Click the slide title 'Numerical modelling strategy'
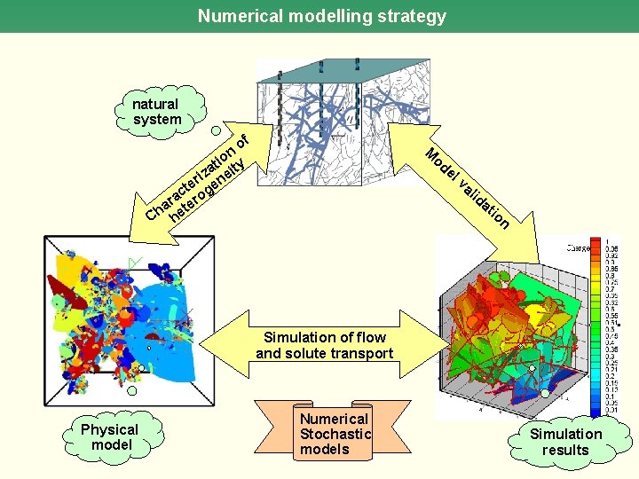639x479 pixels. click(x=321, y=16)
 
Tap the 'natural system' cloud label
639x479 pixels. click(x=157, y=112)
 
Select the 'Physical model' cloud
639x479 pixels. click(x=110, y=436)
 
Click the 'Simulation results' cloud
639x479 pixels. click(x=565, y=441)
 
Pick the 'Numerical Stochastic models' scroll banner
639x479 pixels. click(x=334, y=433)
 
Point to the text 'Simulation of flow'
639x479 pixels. click(x=324, y=337)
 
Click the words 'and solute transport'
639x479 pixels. click(x=324, y=353)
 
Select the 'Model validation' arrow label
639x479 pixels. click(x=465, y=187)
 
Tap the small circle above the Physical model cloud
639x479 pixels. click(x=132, y=390)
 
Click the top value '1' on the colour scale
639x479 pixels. click(x=608, y=242)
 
